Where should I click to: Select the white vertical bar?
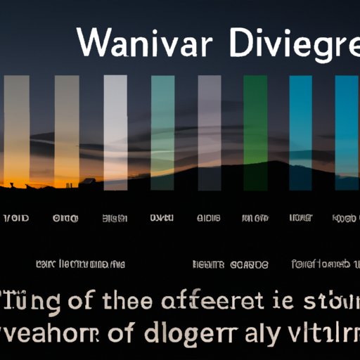click(x=115, y=131)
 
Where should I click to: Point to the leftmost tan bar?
click(x=17, y=131)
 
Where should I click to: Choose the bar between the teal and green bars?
click(x=210, y=131)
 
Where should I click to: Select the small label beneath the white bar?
click(x=115, y=219)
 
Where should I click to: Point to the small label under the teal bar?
click(x=162, y=219)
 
